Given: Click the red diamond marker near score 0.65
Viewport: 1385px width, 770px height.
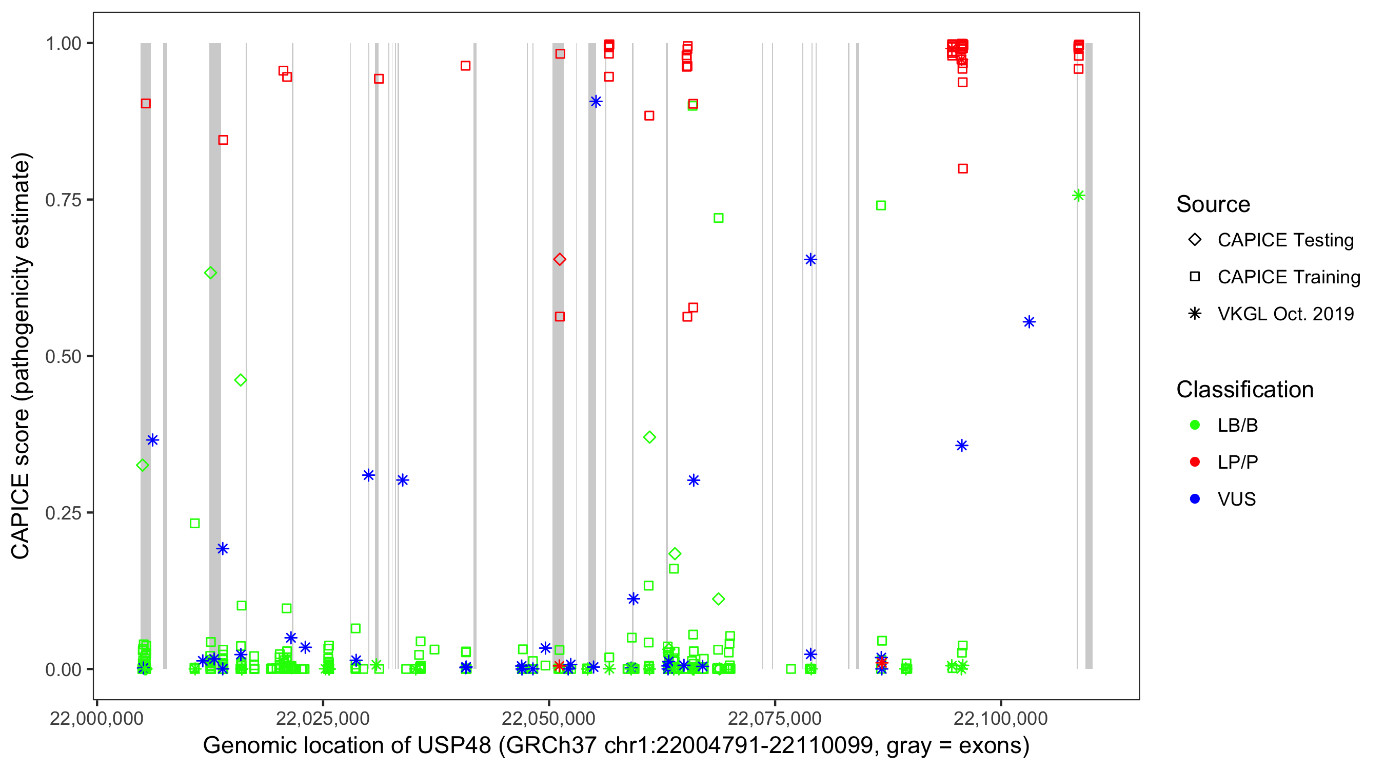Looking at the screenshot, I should coord(559,259).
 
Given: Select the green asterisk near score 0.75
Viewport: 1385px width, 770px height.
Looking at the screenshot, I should coord(1078,196).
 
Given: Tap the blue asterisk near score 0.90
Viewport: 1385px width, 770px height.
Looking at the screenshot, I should coord(595,101).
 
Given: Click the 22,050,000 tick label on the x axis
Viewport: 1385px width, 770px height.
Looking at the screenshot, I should coord(548,718).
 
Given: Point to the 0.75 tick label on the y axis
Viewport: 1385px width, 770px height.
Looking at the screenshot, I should coord(63,200).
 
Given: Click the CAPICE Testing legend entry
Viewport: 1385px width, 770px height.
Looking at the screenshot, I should coord(1285,240).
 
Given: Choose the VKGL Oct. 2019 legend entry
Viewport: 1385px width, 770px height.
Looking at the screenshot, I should coord(1285,314).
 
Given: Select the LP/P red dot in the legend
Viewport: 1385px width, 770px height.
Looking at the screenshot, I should coord(1195,462).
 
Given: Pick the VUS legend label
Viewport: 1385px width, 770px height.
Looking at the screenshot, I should coord(1236,499).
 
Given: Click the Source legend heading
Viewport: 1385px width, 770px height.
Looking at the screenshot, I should coord(1213,204).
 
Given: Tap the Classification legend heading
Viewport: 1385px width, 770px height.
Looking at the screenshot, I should coord(1244,390).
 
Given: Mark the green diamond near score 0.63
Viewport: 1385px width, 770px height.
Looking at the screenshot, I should coord(211,273).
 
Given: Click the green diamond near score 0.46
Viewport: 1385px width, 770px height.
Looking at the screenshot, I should coord(241,380).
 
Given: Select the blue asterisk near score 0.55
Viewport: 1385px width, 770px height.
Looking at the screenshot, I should coord(1029,322).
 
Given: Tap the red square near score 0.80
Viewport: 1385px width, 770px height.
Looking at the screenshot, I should coord(963,168).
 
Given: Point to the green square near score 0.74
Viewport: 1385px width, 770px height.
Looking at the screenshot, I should coord(881,205).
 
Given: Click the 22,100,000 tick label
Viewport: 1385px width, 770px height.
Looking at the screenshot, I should coord(1001,718).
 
